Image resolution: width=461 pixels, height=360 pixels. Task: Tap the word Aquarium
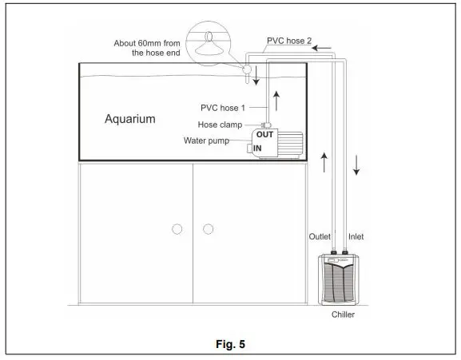tap(130, 119)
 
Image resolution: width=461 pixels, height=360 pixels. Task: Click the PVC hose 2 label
tap(287, 38)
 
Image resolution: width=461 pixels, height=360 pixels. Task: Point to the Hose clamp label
tap(221, 124)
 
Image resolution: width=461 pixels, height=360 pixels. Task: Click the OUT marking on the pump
tap(264, 135)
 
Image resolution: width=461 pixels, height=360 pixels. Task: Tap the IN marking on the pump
tap(258, 148)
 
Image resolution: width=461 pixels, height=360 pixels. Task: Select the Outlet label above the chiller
tap(320, 237)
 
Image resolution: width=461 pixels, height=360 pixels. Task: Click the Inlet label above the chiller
tap(356, 237)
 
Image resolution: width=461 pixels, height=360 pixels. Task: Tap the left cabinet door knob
tap(177, 229)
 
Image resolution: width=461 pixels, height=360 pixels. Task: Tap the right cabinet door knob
tap(208, 229)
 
